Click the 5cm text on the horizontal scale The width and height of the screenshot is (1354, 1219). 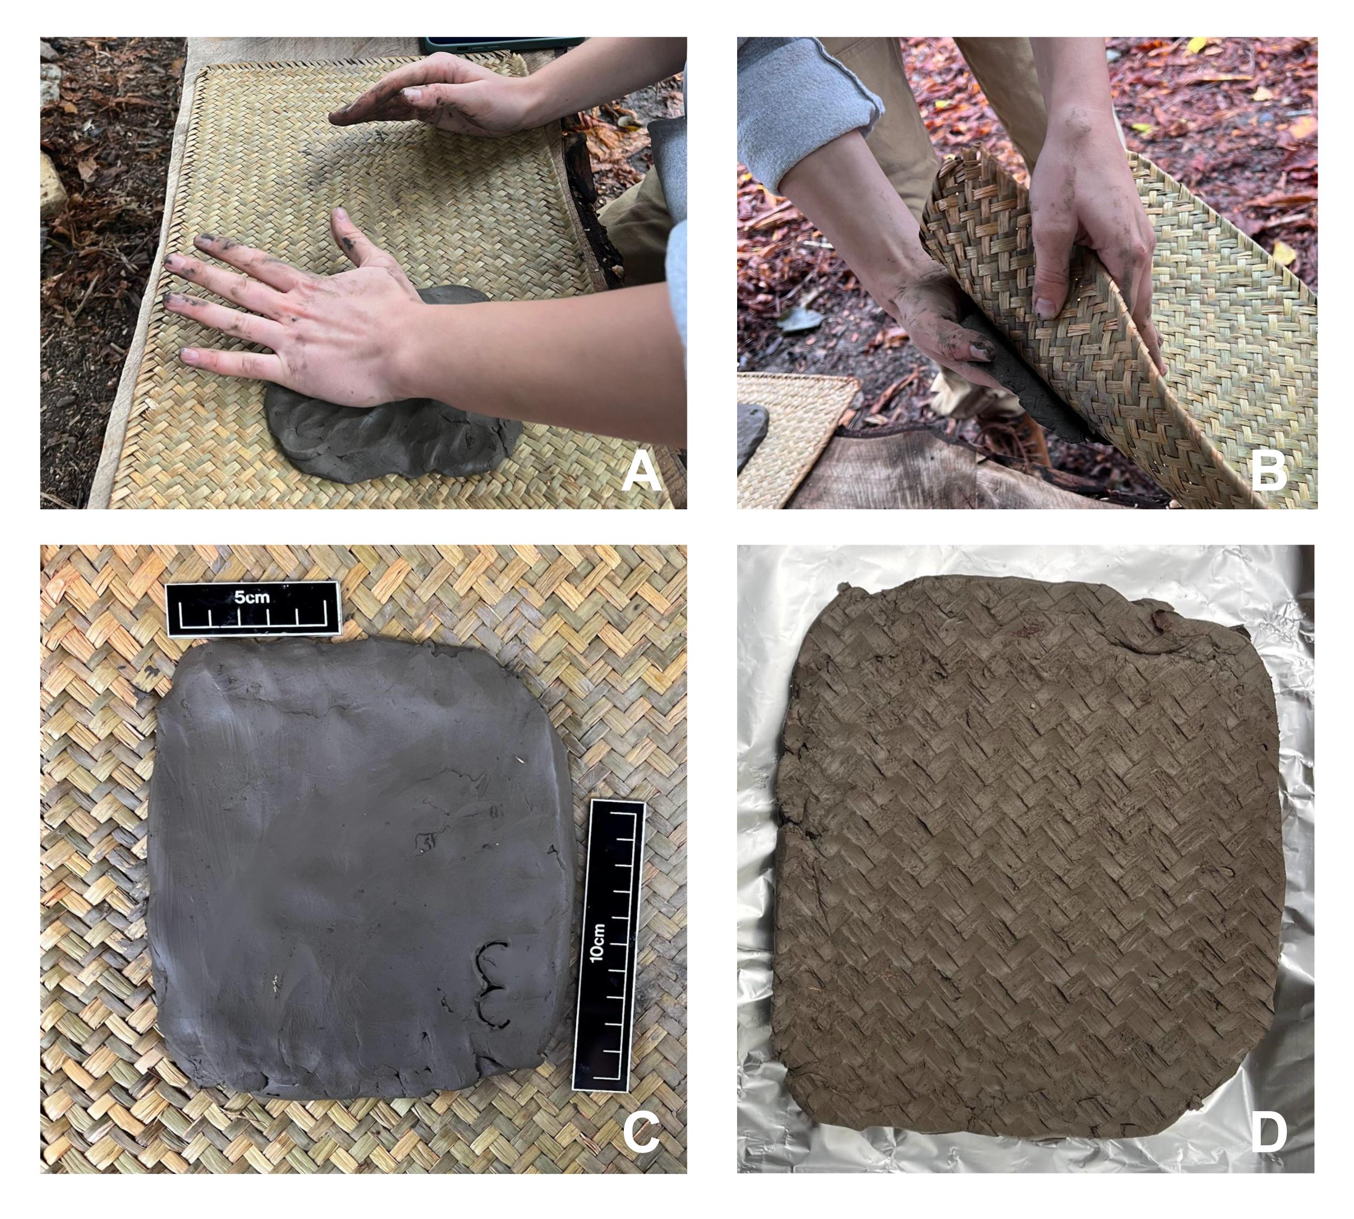pyautogui.click(x=252, y=598)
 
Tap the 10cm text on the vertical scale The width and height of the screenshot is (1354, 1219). pyautogui.click(x=598, y=942)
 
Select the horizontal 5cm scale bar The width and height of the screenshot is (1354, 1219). pyautogui.click(x=254, y=608)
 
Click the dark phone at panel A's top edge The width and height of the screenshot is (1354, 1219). pyautogui.click(x=502, y=45)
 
